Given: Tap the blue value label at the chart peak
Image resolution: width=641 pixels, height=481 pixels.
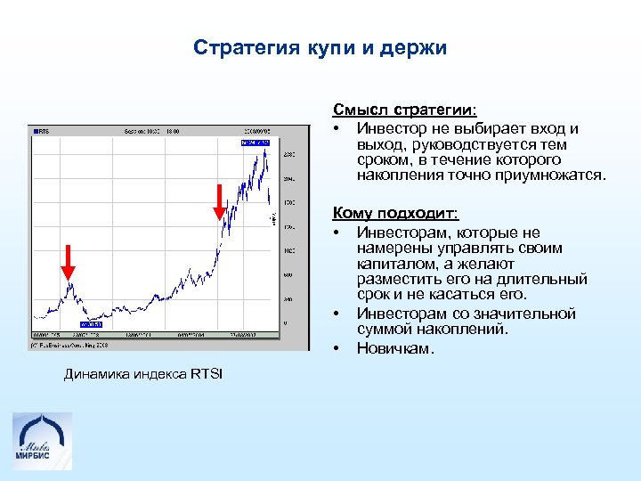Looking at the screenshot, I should click(x=253, y=142).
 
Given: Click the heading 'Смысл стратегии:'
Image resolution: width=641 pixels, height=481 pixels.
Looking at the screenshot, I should click(x=405, y=110).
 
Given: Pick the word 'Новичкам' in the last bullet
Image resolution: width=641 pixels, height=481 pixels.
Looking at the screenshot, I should click(x=394, y=348).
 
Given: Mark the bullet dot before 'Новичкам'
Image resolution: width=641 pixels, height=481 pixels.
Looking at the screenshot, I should click(x=338, y=348).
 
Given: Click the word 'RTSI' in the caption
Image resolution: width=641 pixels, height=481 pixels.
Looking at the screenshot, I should click(x=207, y=373).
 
